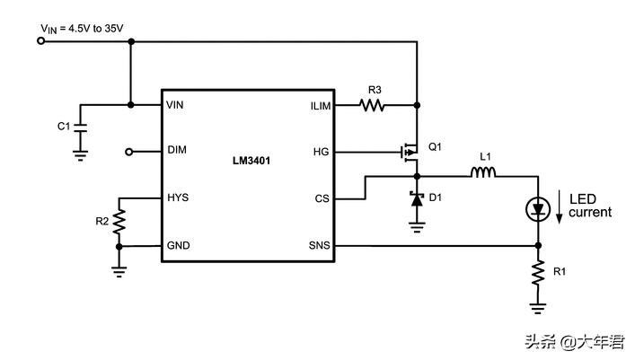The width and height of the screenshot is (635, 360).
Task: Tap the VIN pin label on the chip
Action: coord(176,105)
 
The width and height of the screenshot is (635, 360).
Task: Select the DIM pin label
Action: coord(177,151)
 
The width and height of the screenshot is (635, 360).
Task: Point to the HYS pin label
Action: coord(178,198)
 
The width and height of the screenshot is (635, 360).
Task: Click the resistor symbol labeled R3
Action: coord(373,105)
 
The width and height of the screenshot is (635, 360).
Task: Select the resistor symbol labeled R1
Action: coord(538,273)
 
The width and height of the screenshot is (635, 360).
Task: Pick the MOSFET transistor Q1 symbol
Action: coord(410,151)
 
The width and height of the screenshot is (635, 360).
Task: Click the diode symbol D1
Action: coord(417,199)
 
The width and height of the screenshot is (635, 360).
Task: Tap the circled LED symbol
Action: coord(538,209)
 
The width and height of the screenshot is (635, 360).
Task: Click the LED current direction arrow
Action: coord(561,207)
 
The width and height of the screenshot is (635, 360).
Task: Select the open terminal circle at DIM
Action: coord(129,151)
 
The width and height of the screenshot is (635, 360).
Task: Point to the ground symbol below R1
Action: coord(538,308)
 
